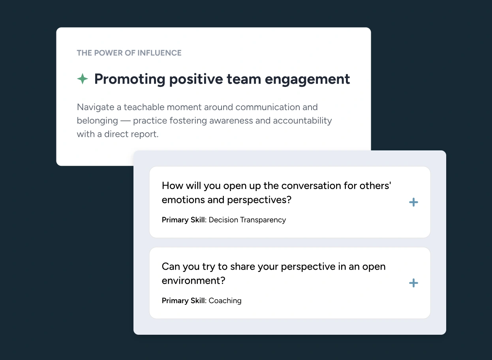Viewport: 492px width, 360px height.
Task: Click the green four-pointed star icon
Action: tap(83, 79)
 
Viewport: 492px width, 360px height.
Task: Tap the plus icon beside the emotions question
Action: tap(413, 202)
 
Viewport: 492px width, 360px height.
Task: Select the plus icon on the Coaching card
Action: tap(413, 283)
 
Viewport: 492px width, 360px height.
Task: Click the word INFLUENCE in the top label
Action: tap(160, 53)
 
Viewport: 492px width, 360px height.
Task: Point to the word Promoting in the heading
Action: tap(130, 79)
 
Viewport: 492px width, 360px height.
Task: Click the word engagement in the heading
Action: tap(307, 79)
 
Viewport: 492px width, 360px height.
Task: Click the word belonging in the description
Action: tap(97, 121)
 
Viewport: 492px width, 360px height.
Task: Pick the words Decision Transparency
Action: tap(247, 220)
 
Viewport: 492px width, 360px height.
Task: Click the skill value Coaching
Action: tap(225, 301)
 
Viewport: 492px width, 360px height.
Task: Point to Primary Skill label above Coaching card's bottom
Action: tap(184, 301)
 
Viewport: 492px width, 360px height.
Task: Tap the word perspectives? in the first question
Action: tap(259, 200)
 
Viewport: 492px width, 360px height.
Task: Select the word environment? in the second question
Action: tap(193, 281)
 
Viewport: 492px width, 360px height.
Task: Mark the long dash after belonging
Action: tap(125, 121)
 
